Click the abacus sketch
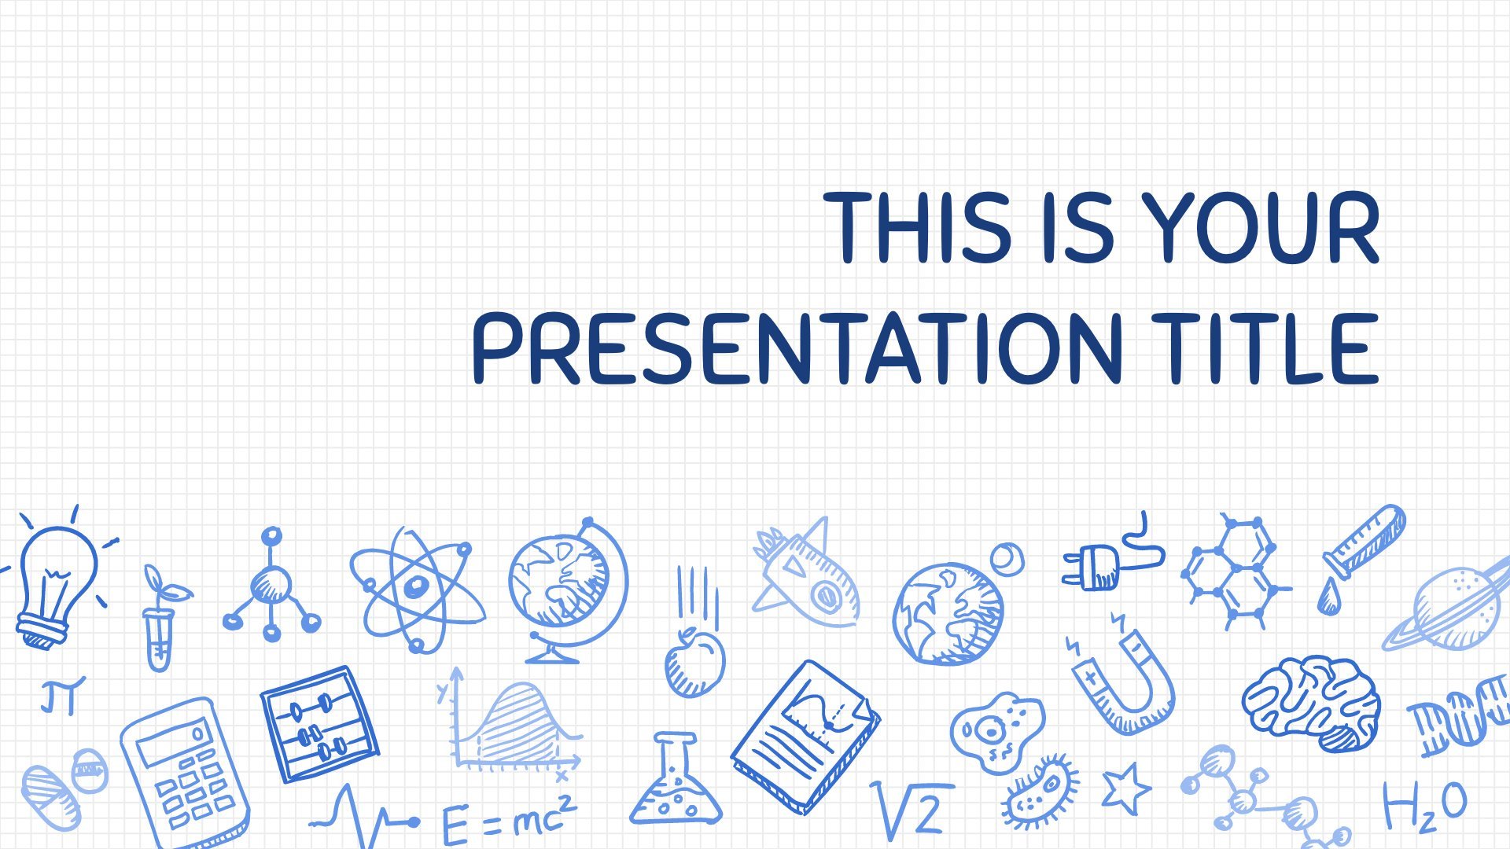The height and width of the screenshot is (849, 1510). click(319, 724)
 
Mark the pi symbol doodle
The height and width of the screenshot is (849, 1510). click(61, 695)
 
